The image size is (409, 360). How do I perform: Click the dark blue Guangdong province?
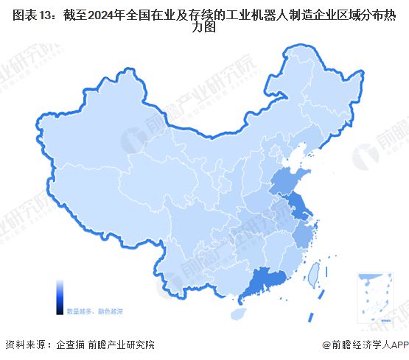coord(264,282)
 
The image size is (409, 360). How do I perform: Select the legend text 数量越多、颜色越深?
coord(95,311)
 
